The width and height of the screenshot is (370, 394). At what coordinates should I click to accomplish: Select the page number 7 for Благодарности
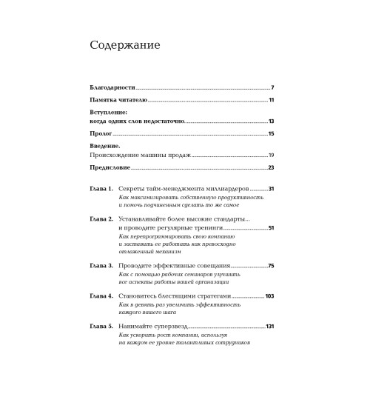[272, 87]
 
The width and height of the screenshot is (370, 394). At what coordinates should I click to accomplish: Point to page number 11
[272, 100]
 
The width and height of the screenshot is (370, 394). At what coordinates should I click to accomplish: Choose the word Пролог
[101, 133]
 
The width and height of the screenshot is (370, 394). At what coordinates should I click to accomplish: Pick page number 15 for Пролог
[272, 133]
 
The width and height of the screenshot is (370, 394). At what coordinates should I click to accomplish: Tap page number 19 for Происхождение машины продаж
[272, 156]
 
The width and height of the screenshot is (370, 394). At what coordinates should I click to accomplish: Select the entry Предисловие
[110, 169]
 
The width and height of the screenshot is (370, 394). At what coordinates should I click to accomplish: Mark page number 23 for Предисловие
[272, 169]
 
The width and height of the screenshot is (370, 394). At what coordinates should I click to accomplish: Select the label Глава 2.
[100, 220]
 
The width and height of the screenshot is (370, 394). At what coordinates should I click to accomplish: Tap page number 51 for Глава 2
[272, 229]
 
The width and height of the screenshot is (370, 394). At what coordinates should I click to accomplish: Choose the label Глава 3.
[100, 265]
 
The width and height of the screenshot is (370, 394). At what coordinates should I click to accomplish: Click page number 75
[272, 265]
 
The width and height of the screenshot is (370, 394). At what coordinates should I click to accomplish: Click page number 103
[269, 296]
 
